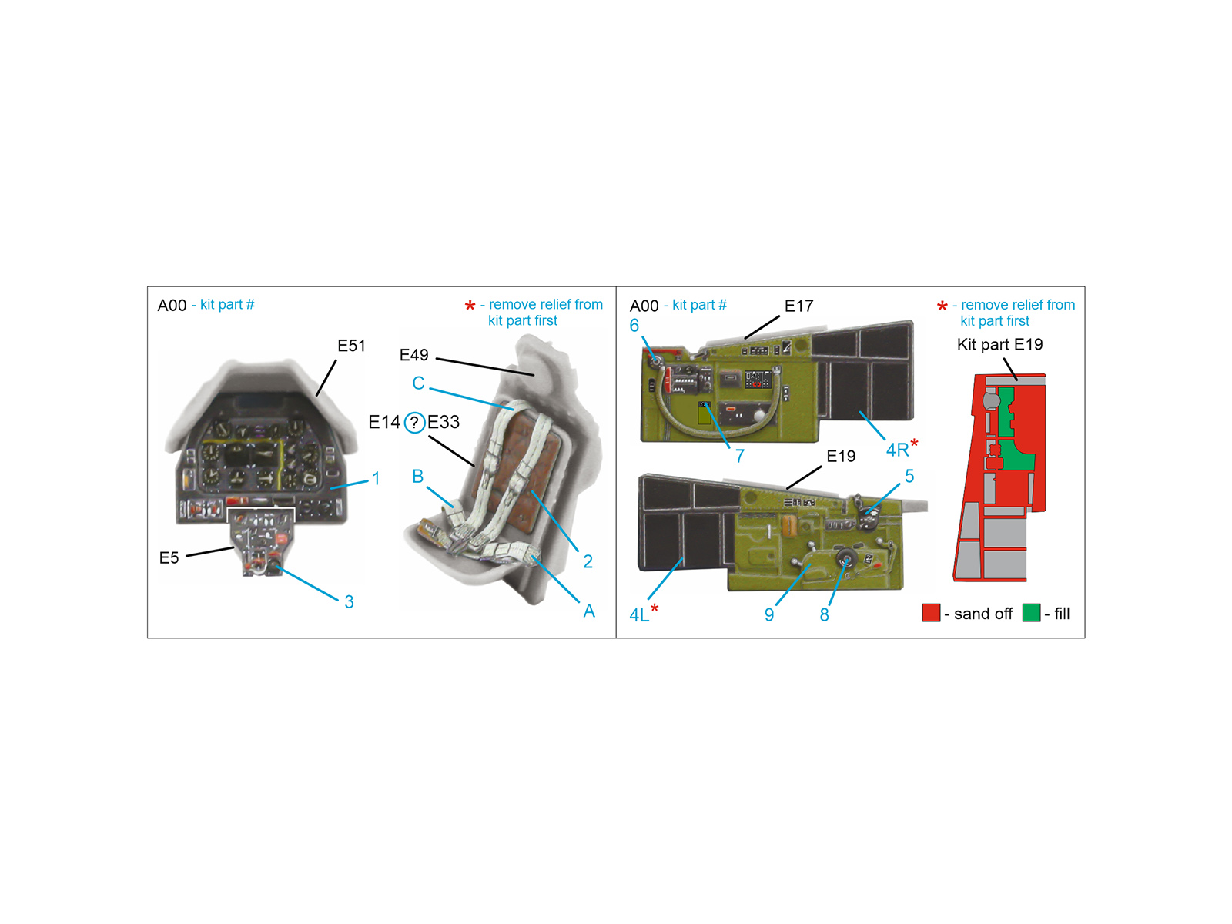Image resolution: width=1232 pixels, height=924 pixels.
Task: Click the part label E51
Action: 351,346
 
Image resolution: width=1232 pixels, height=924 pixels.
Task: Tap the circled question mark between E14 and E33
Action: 414,422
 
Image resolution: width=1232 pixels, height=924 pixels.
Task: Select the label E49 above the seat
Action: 413,354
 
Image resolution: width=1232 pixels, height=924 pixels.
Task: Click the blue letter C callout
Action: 418,383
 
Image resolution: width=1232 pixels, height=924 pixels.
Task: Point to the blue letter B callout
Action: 417,477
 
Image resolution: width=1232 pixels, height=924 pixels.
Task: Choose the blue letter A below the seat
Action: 589,611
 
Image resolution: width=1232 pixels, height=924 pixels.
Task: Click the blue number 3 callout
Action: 349,602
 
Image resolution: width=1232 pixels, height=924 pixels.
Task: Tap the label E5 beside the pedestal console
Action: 169,557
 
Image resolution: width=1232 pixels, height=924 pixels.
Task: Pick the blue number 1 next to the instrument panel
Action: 376,478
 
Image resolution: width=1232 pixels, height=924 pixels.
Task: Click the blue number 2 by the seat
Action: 588,561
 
